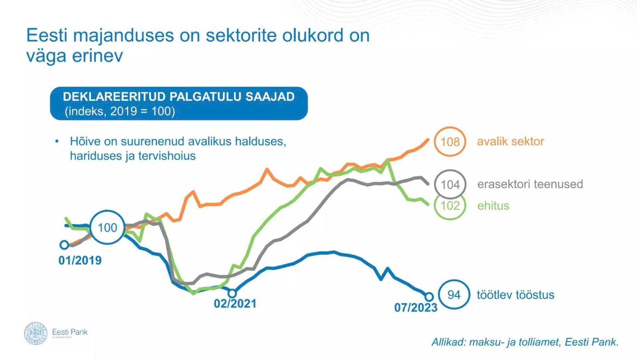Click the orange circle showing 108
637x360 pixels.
point(450,142)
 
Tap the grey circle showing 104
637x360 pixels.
point(450,184)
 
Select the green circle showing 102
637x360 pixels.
point(450,206)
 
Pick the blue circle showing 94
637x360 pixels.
point(454,295)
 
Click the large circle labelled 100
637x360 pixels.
point(107,228)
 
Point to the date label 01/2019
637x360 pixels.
point(80,260)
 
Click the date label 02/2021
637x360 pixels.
point(235,304)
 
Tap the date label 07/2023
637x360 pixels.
point(415,308)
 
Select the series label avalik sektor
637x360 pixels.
point(510,141)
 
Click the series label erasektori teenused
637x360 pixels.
point(530,184)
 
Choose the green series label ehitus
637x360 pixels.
point(493,206)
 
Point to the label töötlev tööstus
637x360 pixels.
point(515,295)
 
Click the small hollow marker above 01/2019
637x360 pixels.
point(64,245)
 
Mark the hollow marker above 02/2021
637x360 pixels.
point(232,293)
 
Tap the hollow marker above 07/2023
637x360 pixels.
point(429,296)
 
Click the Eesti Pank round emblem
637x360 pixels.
point(36,333)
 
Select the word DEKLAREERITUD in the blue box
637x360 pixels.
point(114,97)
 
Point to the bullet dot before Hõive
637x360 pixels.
point(57,142)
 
